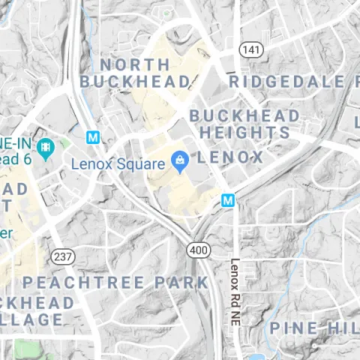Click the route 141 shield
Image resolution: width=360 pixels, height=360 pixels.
coord(250,49)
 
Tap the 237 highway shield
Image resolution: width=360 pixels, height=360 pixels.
coord(64,257)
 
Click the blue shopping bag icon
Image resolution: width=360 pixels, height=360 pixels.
coord(180,160)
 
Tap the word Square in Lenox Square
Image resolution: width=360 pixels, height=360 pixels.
coord(140,163)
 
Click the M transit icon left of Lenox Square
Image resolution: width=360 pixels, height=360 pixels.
coord(93,138)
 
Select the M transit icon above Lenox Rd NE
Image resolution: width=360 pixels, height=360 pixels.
coord(228,200)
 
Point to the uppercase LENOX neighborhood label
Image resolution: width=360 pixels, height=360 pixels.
coord(230,157)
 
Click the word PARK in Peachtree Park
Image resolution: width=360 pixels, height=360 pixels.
coord(181,282)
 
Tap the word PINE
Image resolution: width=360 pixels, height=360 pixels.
coord(294,328)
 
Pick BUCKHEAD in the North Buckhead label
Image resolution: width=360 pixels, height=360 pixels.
coord(135,80)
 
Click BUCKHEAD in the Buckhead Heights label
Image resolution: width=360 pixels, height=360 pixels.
coord(244,116)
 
